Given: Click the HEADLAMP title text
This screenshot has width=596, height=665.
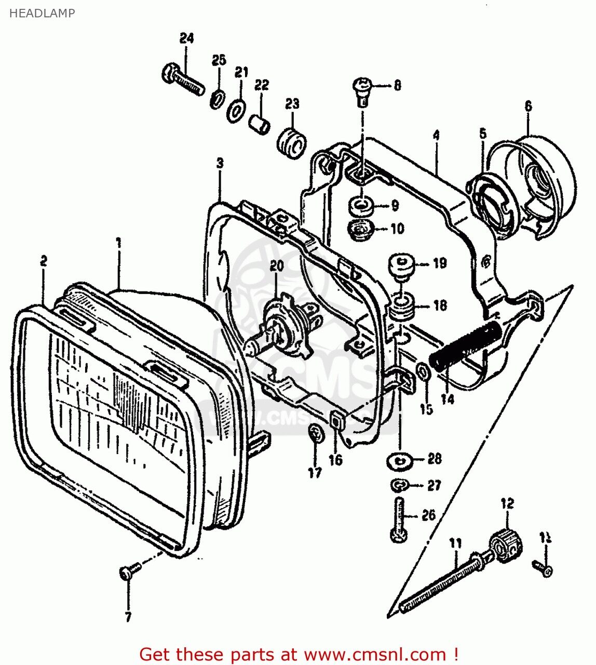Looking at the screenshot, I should (42, 13).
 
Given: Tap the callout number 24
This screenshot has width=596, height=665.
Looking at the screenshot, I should (186, 38).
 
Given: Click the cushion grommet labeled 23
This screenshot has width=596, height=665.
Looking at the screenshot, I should (292, 141).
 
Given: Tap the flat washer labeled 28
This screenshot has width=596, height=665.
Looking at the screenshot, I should (399, 460).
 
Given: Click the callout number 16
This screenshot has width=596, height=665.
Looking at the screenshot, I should (336, 459).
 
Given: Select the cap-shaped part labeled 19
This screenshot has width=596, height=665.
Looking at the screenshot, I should (401, 267).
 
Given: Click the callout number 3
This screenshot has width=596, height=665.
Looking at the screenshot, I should (220, 164).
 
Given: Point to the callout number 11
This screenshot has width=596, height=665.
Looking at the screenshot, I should (455, 543).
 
